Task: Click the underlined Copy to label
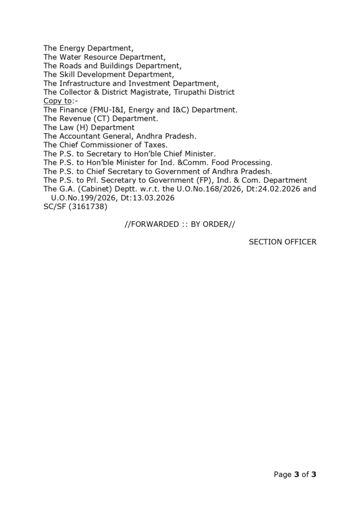click(x=58, y=101)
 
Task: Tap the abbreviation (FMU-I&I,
click(x=108, y=110)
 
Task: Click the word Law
click(x=67, y=127)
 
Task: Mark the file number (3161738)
click(x=88, y=206)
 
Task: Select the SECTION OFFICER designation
click(x=283, y=242)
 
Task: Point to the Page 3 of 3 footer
click(x=295, y=475)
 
